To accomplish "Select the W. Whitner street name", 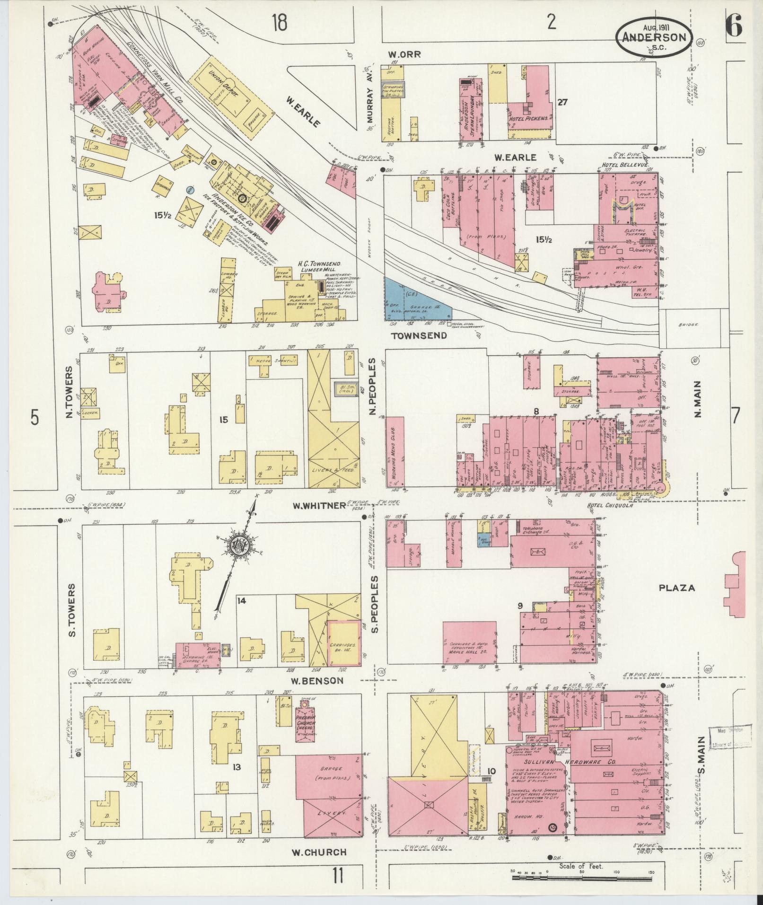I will click(x=319, y=506).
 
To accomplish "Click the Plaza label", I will click(x=678, y=589).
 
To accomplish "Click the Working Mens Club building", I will click(x=394, y=451).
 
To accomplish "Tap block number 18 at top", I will click(x=280, y=22).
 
